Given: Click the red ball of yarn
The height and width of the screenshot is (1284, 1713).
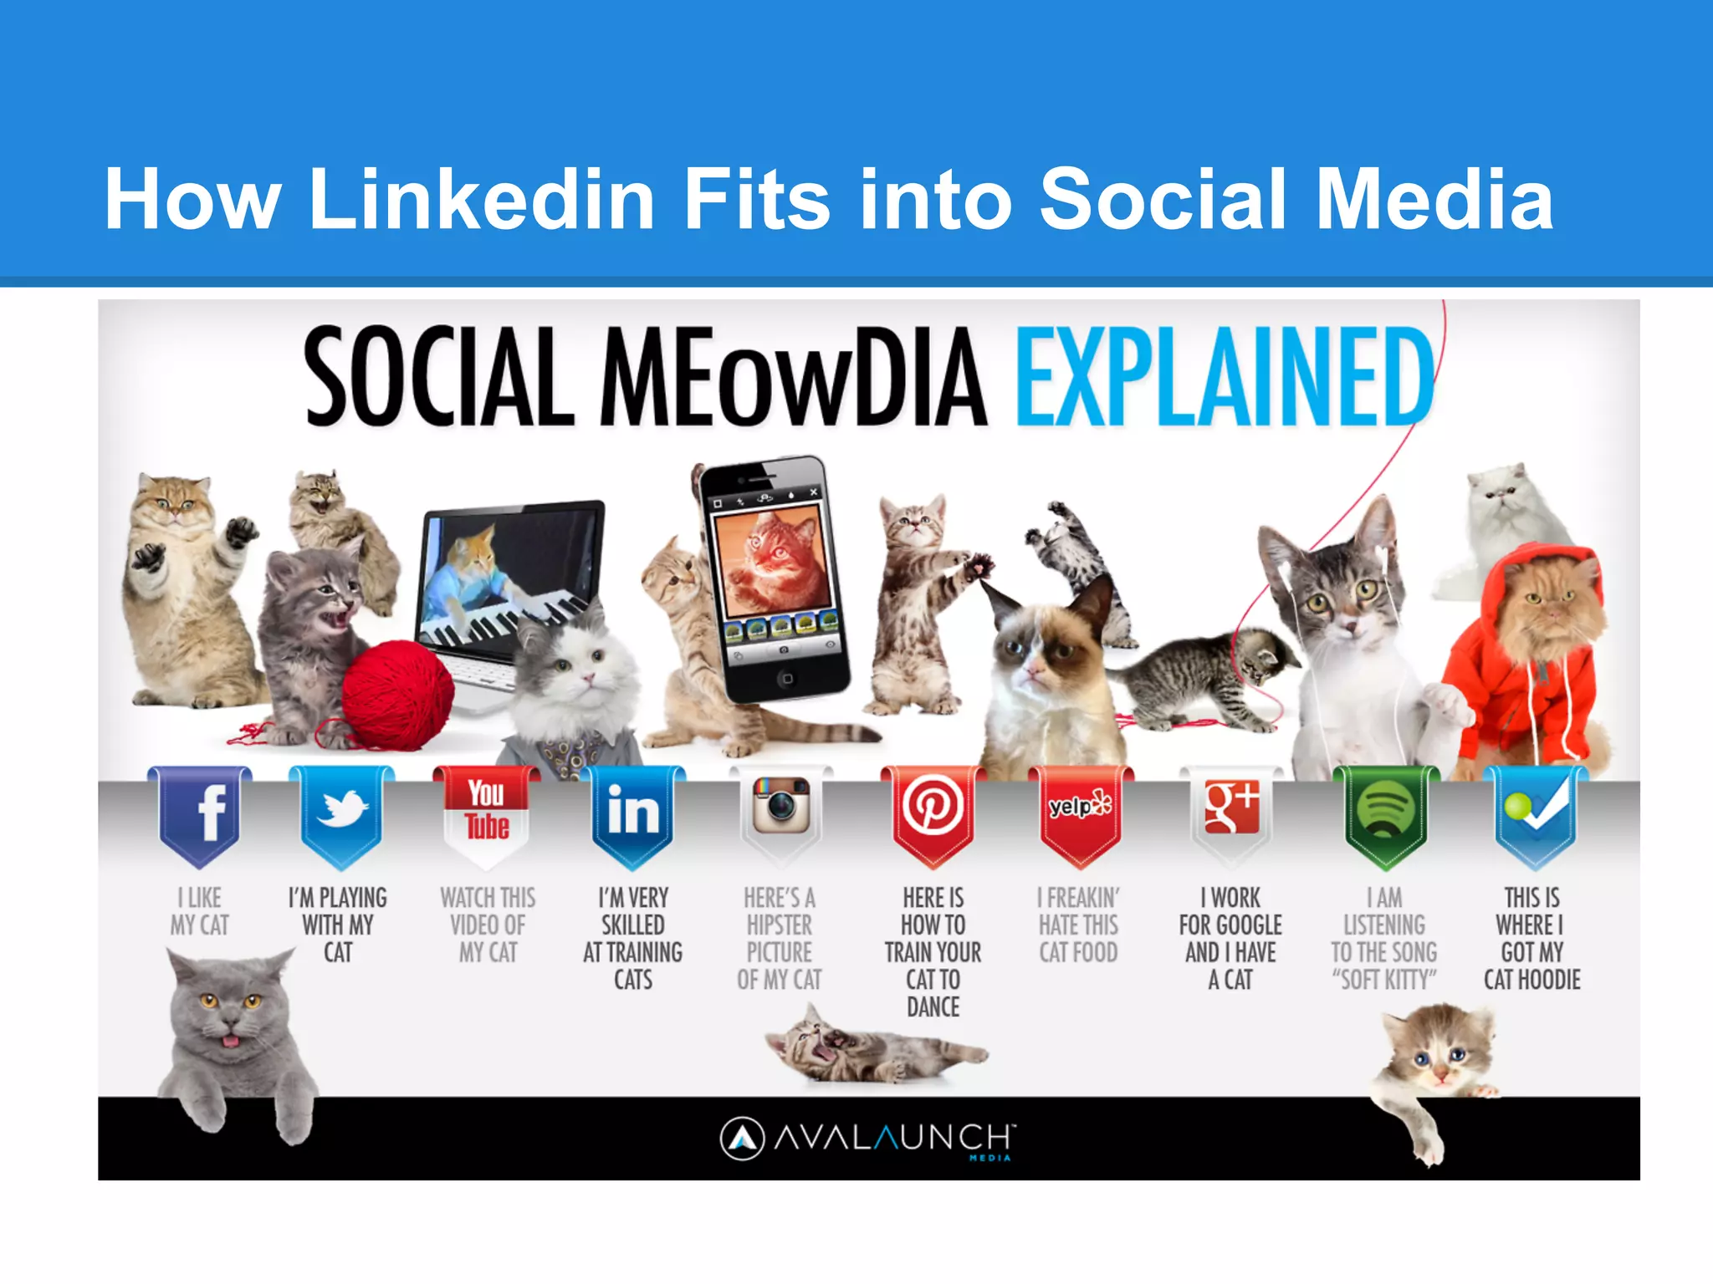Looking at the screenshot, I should [397, 694].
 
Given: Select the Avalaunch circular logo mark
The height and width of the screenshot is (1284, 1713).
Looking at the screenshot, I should [742, 1139].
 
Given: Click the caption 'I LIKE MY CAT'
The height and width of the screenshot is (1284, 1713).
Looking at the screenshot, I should [200, 911].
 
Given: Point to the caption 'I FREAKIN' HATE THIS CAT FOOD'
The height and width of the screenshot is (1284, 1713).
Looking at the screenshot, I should [1079, 925].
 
